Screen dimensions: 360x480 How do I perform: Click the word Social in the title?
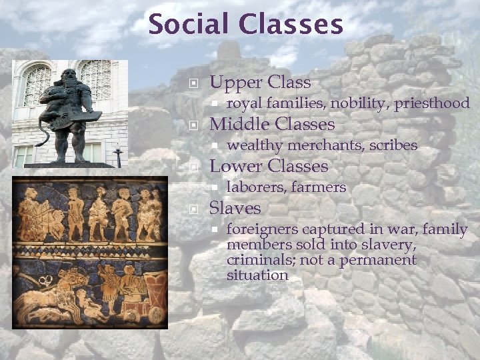click(187, 25)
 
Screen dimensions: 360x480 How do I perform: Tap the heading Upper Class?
click(260, 83)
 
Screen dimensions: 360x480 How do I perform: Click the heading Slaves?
click(235, 208)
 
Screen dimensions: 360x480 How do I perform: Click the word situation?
click(257, 275)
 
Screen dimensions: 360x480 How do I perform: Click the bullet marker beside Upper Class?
click(194, 83)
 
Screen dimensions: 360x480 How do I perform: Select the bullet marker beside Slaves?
click(194, 209)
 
